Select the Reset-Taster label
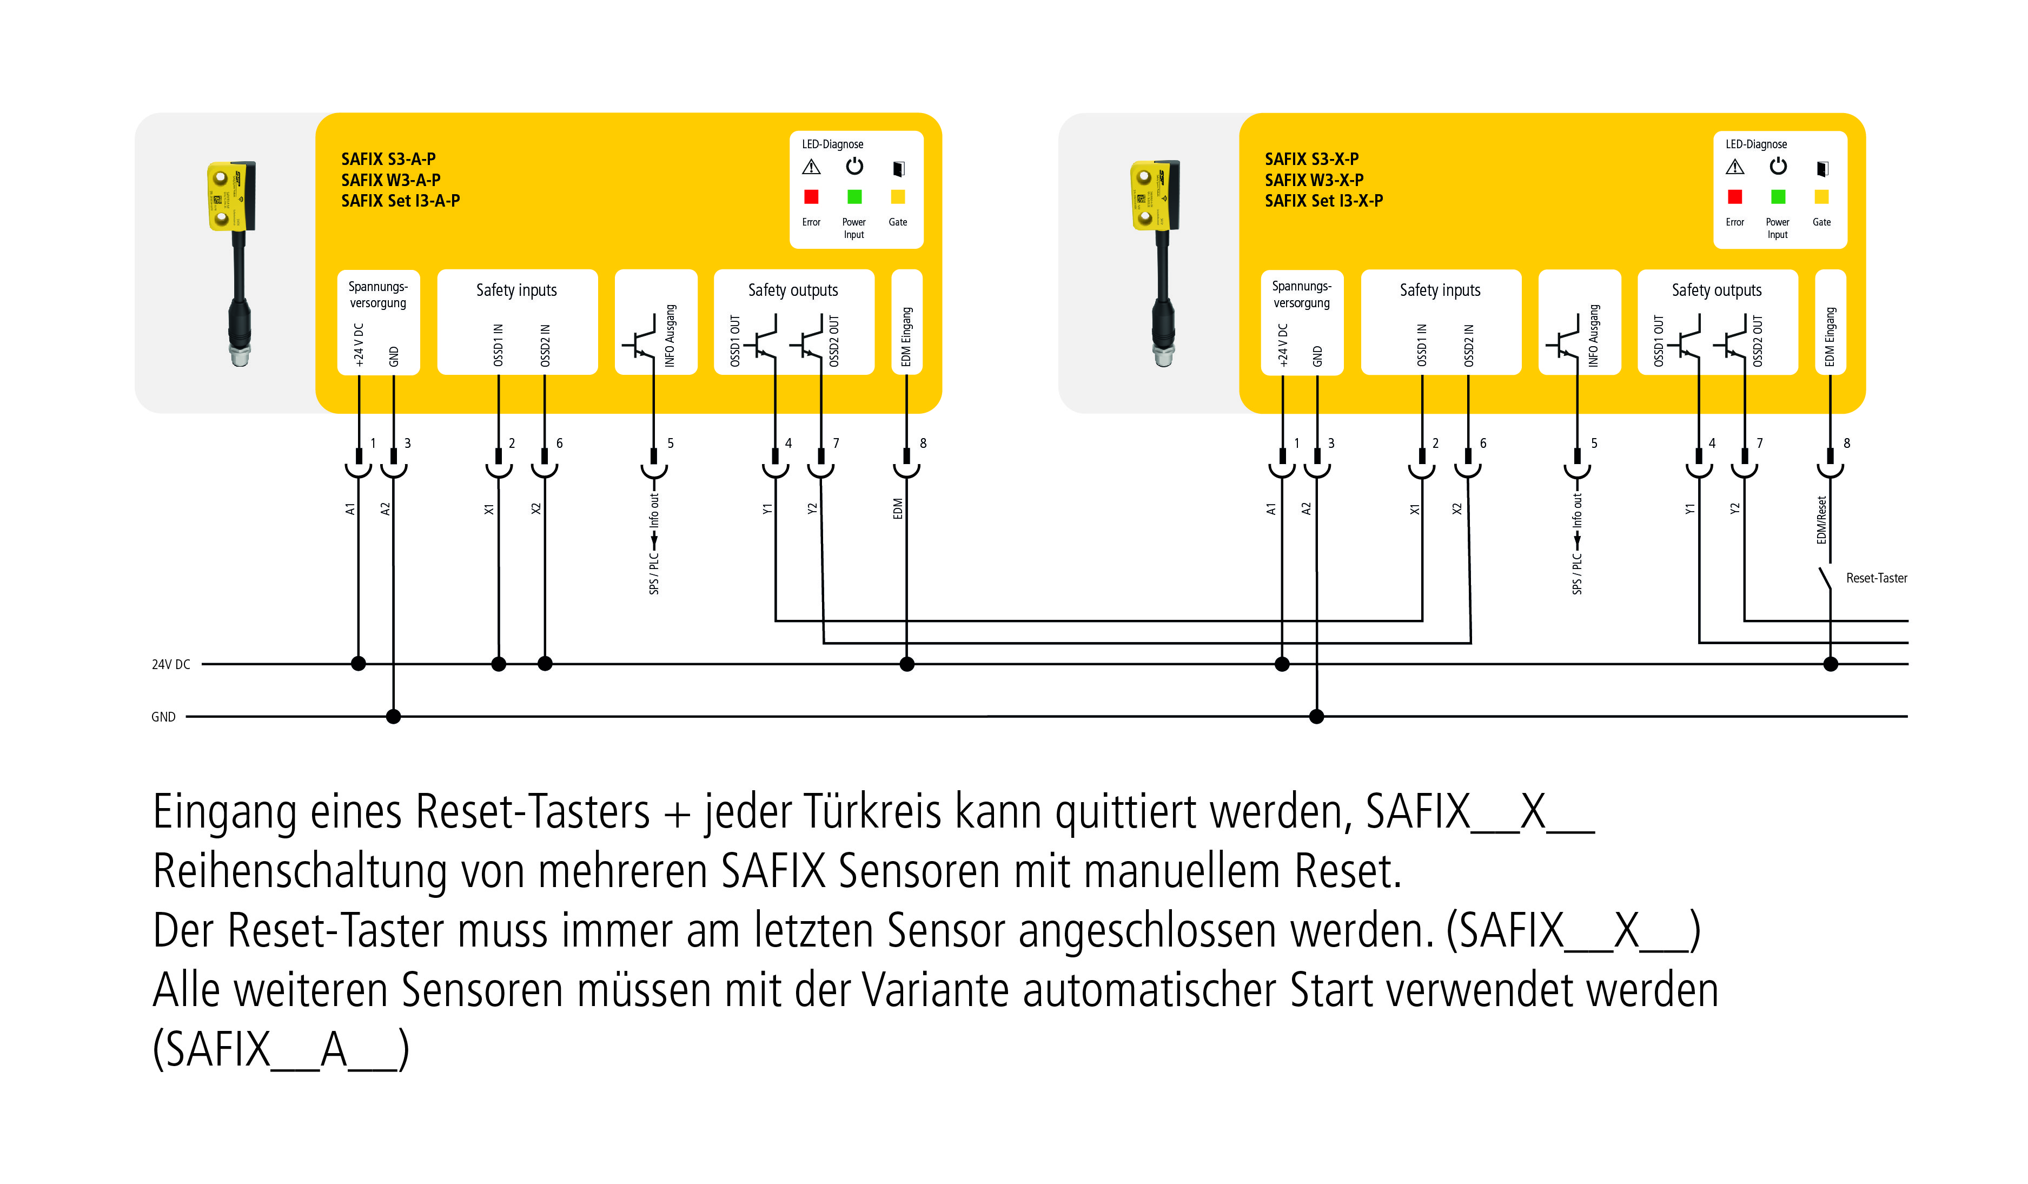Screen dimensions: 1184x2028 click(1876, 578)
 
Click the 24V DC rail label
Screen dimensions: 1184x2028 click(170, 665)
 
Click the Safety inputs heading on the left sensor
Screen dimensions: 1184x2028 click(516, 290)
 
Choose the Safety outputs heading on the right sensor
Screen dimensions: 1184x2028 click(1716, 290)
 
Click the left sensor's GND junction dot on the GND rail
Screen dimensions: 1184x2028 click(394, 716)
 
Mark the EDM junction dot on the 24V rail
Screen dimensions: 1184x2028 click(907, 664)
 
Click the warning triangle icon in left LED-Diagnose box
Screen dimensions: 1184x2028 click(811, 168)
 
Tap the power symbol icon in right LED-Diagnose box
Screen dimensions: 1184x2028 click(1778, 167)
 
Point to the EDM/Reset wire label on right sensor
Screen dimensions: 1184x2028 click(1822, 520)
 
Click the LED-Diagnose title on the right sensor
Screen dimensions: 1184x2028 click(1756, 144)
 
